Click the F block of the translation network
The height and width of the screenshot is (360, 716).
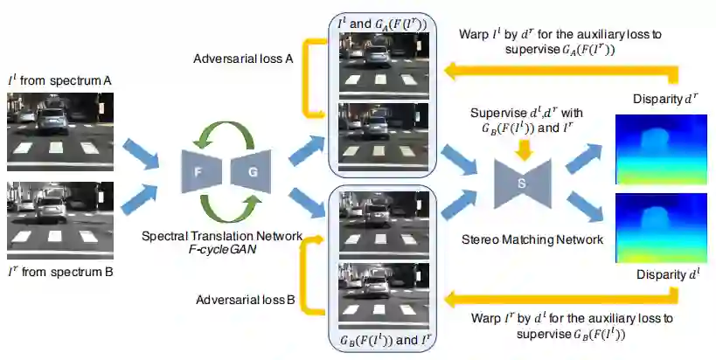click(197, 173)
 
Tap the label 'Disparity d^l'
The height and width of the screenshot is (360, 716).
click(658, 274)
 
